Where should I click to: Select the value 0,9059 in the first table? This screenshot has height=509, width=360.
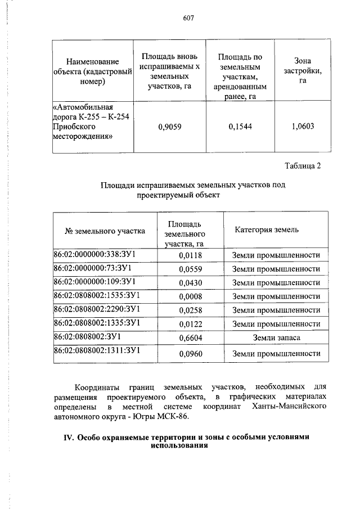coord(169,127)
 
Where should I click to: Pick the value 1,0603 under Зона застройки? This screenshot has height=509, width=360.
coord(303,127)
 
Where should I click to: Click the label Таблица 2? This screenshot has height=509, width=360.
coord(303,166)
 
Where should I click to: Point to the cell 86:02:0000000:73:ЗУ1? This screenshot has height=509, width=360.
coord(92,268)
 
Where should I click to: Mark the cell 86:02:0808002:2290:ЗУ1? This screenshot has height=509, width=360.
coord(96,309)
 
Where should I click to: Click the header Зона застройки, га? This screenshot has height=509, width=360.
coord(303,70)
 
